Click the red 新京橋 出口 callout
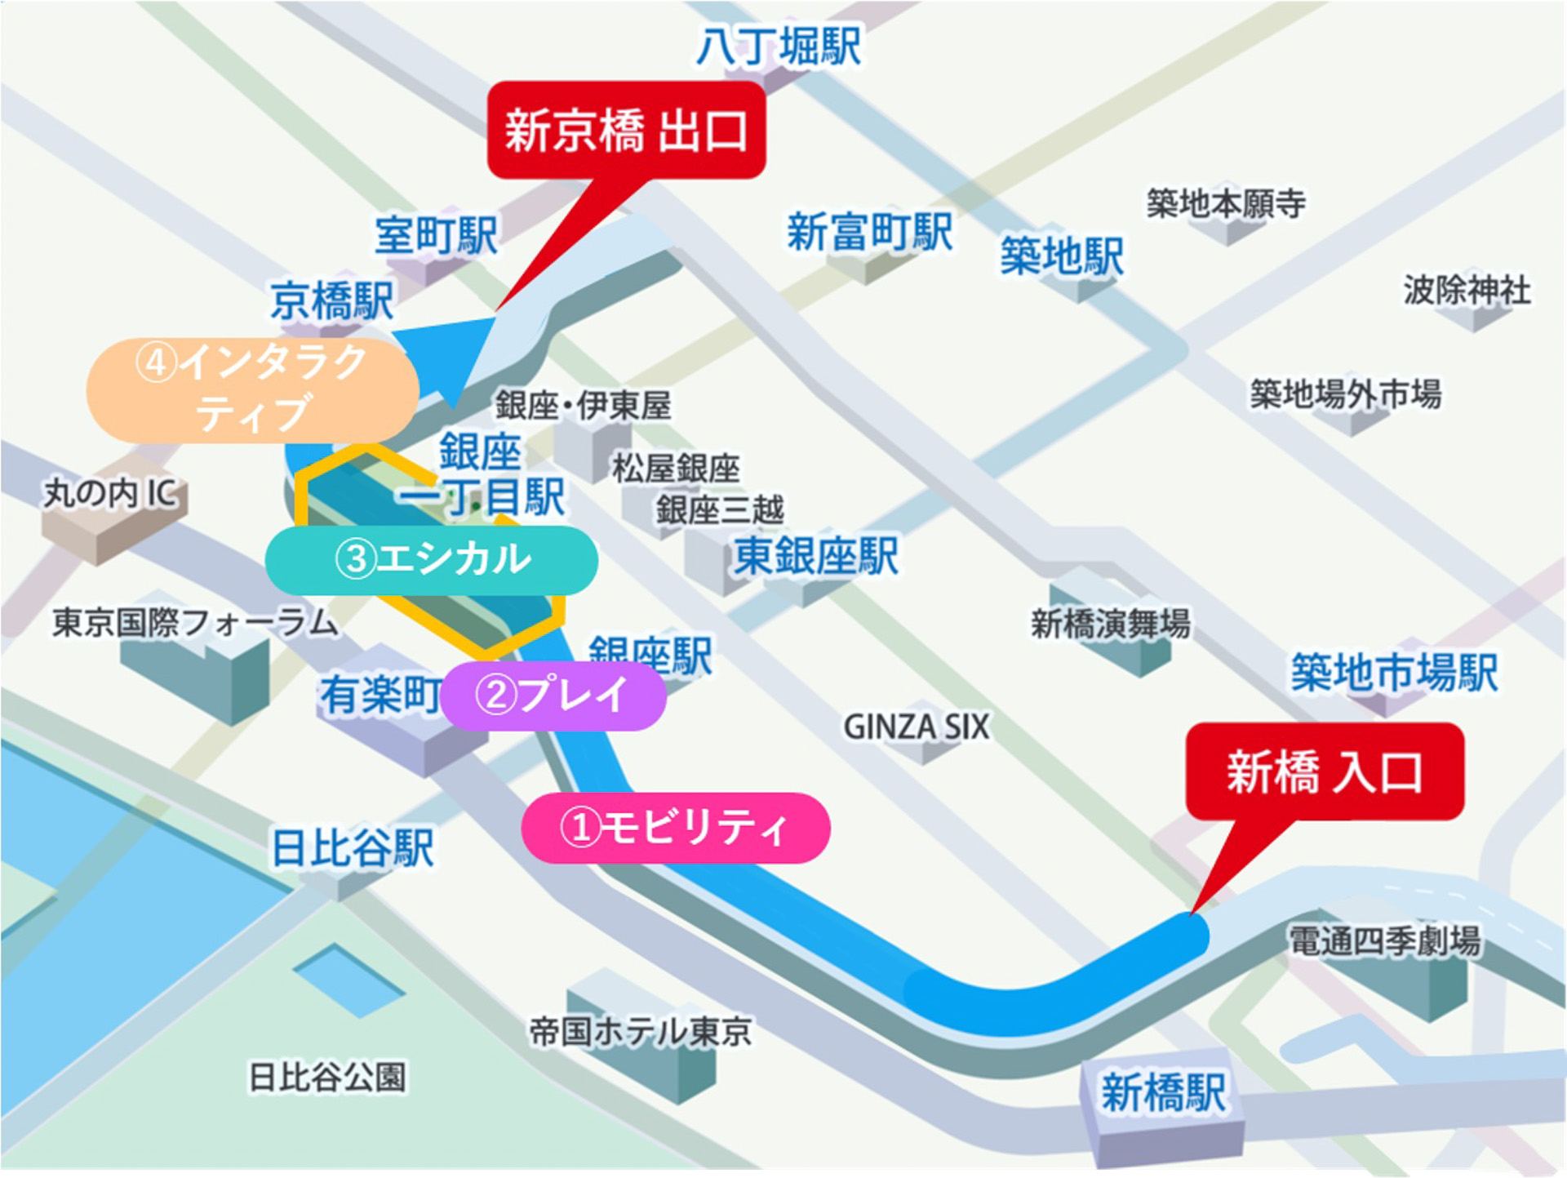coord(626,131)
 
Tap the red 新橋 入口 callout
coord(1325,771)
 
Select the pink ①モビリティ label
coord(676,828)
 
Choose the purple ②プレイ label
coord(553,696)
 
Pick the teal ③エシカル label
coord(432,560)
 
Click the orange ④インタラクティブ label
coord(252,389)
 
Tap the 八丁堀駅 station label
coord(779,46)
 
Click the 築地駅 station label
coord(1062,256)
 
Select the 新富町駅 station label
coord(870,232)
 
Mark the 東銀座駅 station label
coord(816,557)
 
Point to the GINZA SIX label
coord(916,727)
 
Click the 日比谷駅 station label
coord(353,847)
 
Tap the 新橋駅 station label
coord(1163,1092)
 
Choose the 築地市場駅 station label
coord(1394,673)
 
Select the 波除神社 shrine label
coord(1467,290)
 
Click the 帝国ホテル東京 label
coord(641,1032)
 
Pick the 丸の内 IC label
coord(110,493)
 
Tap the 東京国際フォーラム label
coord(194,623)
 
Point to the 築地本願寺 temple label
coord(1226,203)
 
